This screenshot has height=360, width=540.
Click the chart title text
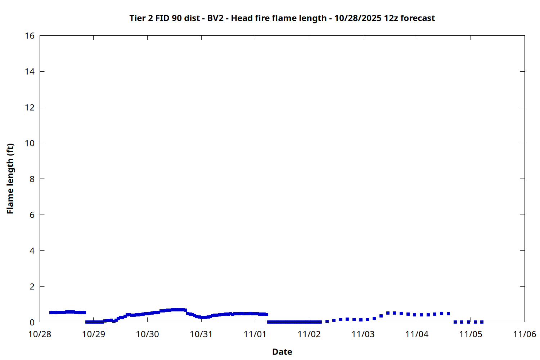[282, 18]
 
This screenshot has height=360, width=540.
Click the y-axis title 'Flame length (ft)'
[10, 179]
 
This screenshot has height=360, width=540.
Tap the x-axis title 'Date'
[282, 352]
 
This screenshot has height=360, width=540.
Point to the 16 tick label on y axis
[30, 36]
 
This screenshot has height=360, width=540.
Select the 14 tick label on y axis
[30, 72]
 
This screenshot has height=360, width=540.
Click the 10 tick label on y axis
[30, 143]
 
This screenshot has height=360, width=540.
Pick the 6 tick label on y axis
[32, 215]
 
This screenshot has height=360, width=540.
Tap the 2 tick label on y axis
[32, 287]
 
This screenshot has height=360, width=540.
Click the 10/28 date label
[40, 334]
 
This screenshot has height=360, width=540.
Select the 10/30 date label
[147, 334]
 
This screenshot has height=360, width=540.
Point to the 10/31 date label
[201, 334]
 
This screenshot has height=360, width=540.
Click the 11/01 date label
[255, 334]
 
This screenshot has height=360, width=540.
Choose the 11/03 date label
[363, 334]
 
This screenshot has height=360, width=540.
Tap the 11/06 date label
[525, 334]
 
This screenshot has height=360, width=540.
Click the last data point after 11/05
[482, 322]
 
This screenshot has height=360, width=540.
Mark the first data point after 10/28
[51, 312]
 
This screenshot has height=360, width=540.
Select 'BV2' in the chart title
[215, 18]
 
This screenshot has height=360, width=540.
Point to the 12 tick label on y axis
[30, 107]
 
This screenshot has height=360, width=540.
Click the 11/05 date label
[471, 334]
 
